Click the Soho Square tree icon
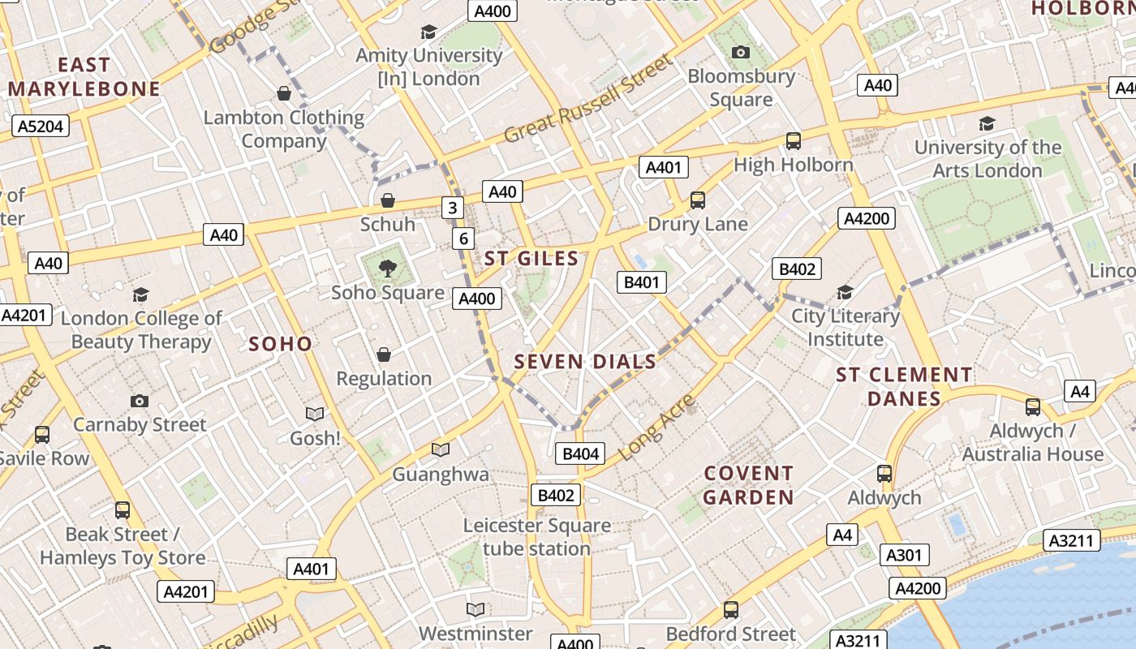click(x=388, y=268)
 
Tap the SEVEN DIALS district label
click(x=585, y=362)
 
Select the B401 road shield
click(x=641, y=282)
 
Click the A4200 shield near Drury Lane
click(x=867, y=218)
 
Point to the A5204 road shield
click(x=41, y=126)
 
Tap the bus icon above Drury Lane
click(x=697, y=200)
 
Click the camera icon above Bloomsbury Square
click(x=740, y=53)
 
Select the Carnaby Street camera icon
click(x=140, y=401)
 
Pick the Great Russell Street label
click(x=588, y=99)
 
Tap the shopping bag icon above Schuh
click(x=388, y=200)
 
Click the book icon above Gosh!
click(x=315, y=415)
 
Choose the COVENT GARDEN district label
click(x=748, y=485)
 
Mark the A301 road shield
click(x=905, y=555)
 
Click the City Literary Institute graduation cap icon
click(x=845, y=292)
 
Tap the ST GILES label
click(x=531, y=260)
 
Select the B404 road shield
click(x=580, y=453)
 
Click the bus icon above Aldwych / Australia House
click(x=1032, y=407)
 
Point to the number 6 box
click(x=463, y=239)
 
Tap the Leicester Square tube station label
click(x=537, y=537)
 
